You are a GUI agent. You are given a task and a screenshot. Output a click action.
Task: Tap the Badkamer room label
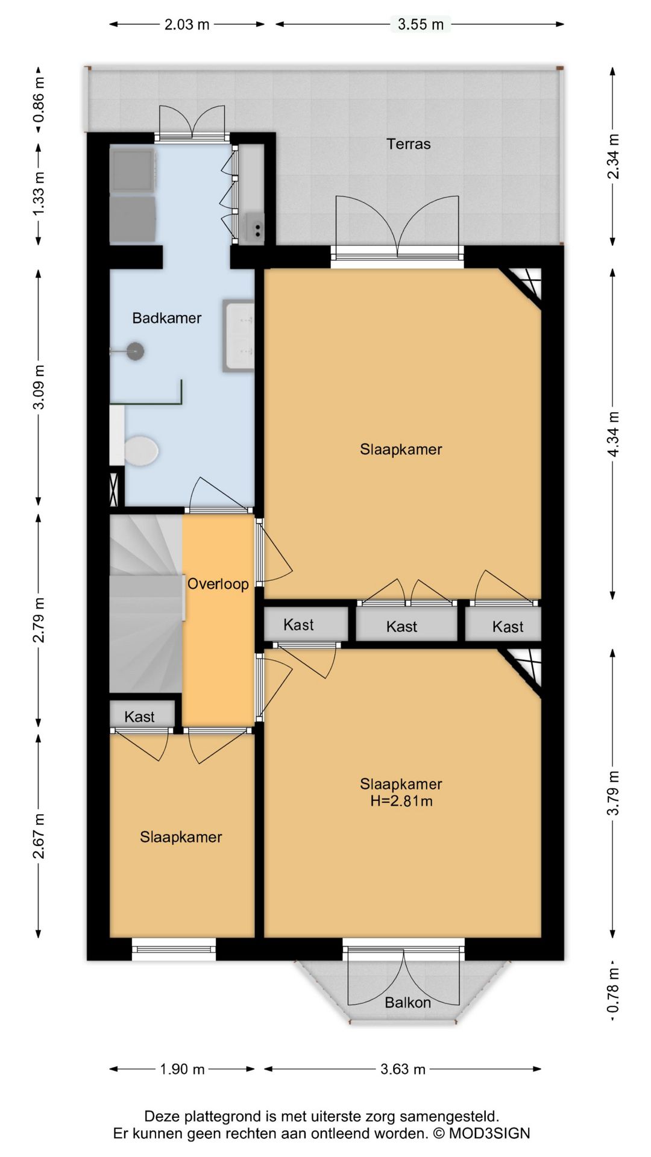point(167,318)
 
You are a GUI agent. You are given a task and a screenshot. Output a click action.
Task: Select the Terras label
point(409,144)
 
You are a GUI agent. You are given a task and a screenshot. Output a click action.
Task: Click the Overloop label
point(218,584)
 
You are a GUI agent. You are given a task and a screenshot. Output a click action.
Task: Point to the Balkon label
point(407,1003)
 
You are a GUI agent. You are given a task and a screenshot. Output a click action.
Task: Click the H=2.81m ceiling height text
point(401,801)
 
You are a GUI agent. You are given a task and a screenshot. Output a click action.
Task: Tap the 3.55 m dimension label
point(421,24)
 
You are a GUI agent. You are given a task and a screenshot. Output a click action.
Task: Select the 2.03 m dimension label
point(187,24)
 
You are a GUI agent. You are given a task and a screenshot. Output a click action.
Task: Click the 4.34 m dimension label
point(613,434)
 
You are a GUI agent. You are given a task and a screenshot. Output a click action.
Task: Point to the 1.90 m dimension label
point(182,1069)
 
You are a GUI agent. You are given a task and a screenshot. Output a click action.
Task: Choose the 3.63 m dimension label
point(403,1069)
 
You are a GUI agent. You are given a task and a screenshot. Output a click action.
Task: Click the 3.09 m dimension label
point(39,387)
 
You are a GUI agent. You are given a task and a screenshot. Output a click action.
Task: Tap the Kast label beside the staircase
point(139,716)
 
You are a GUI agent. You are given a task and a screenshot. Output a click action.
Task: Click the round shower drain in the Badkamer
point(135,351)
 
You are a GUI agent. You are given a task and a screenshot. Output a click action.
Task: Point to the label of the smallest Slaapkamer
point(181,836)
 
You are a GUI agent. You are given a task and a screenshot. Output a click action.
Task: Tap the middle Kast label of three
point(401,627)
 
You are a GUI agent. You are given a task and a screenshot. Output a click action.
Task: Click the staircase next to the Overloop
point(146,603)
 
